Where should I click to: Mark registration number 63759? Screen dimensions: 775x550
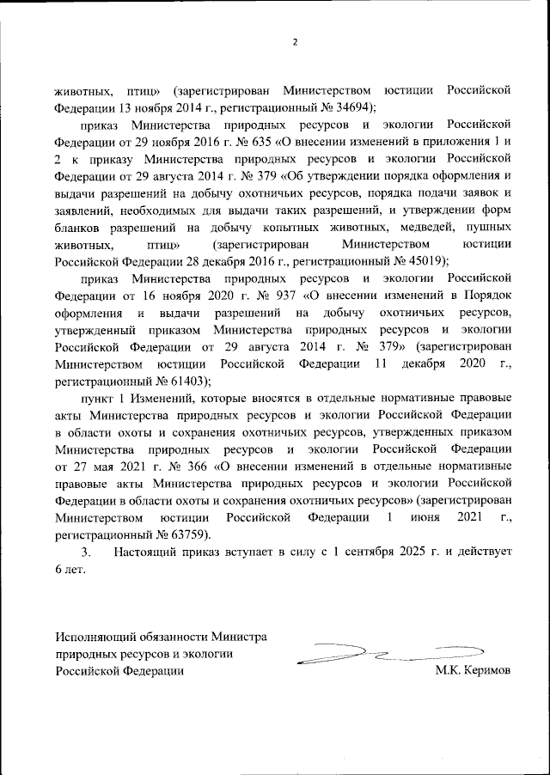(x=186, y=534)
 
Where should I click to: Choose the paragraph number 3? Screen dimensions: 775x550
(x=84, y=552)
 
